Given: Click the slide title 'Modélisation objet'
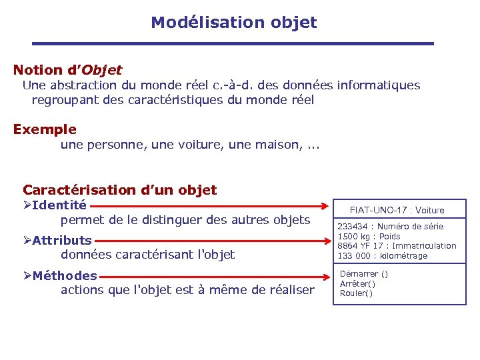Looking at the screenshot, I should click(x=233, y=23).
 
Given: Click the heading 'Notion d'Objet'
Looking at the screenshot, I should click(x=67, y=69).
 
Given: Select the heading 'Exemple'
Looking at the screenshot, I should click(x=45, y=129).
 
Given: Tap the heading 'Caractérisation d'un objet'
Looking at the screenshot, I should click(x=120, y=190).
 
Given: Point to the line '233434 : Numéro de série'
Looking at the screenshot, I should click(x=390, y=227).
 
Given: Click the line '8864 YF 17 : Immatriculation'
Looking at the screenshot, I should click(x=397, y=246).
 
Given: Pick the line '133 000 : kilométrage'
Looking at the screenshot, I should click(x=382, y=256).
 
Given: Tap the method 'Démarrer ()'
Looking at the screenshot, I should click(x=363, y=274).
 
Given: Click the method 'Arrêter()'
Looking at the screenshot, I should click(x=357, y=283).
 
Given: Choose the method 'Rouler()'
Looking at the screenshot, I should click(x=356, y=293).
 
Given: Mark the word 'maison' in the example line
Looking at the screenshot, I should click(x=276, y=145).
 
